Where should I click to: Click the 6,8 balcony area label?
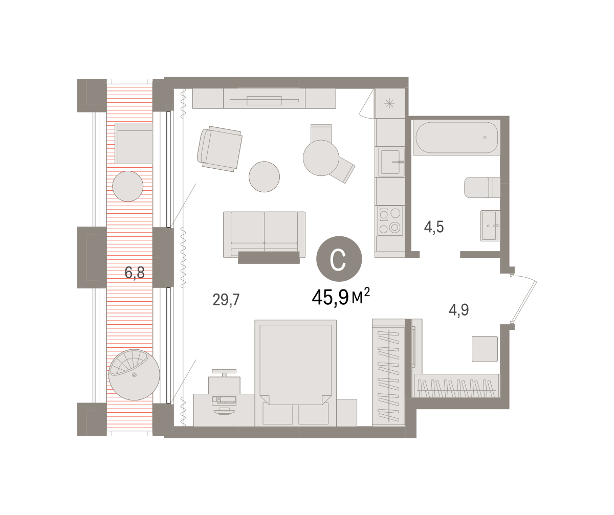(135, 273)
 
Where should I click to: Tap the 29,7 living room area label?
(226, 300)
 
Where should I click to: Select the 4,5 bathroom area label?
(434, 227)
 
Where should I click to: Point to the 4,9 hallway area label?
(458, 310)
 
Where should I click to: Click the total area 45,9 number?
(330, 298)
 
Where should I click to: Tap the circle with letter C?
(339, 259)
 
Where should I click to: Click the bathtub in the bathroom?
(457, 137)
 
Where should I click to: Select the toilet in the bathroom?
(483, 187)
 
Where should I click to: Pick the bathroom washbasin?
(490, 226)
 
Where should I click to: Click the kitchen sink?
(391, 162)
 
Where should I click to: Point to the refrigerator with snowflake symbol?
(389, 103)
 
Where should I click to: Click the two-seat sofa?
(264, 235)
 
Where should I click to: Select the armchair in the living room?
(220, 149)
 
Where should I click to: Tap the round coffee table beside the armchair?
(264, 176)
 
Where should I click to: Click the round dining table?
(321, 158)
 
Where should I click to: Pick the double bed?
(296, 373)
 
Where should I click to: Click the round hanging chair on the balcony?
(134, 374)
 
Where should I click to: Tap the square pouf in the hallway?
(485, 349)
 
